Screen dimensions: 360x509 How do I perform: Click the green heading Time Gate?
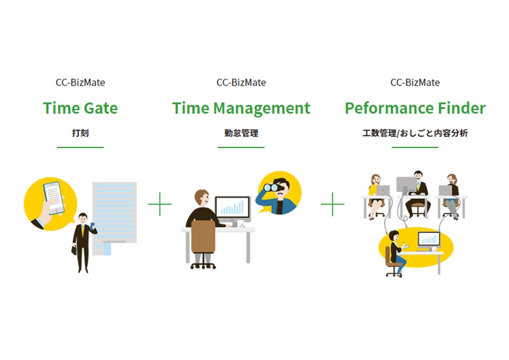(80, 108)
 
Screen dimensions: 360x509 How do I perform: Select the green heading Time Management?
(241, 108)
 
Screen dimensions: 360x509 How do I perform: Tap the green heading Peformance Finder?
(415, 108)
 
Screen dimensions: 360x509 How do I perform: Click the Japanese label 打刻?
(80, 133)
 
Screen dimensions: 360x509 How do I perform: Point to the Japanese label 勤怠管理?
(241, 133)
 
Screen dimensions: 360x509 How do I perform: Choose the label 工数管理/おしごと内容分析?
(415, 133)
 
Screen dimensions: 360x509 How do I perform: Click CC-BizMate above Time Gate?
(80, 83)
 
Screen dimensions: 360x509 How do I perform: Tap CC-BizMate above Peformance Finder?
(415, 83)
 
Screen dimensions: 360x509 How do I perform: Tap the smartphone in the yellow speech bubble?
(53, 198)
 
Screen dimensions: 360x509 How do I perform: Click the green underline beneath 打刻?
(80, 147)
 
